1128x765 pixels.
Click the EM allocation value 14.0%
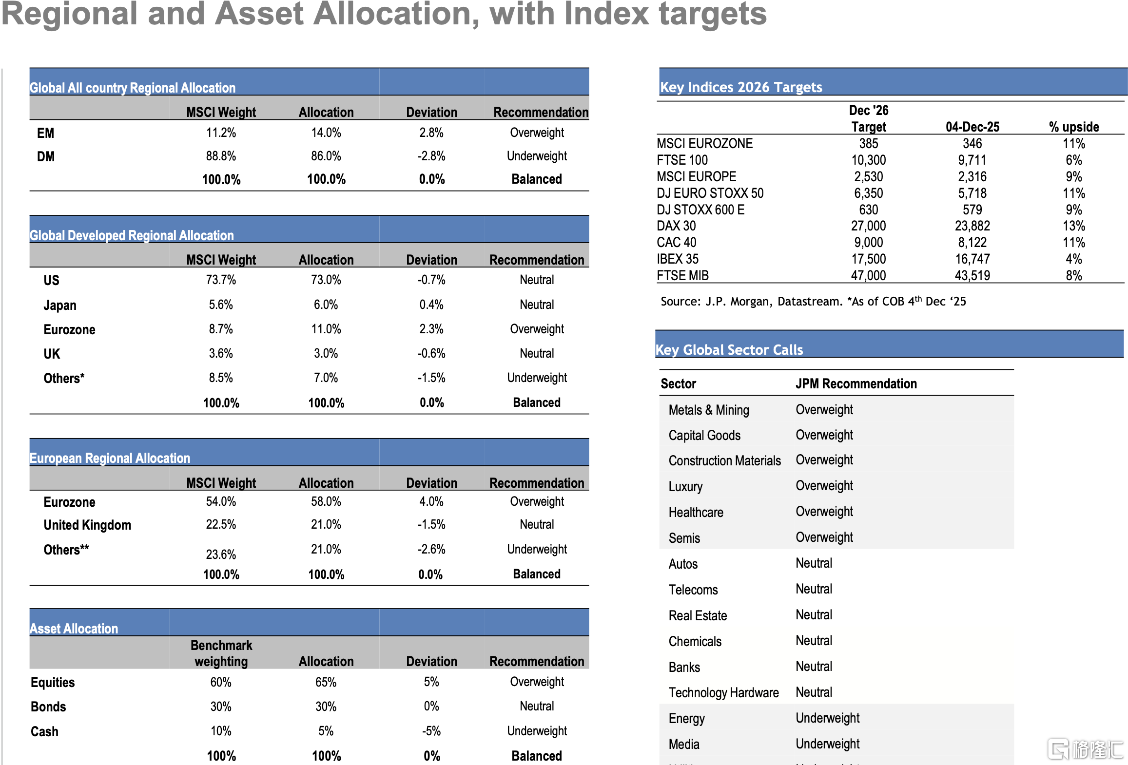(326, 133)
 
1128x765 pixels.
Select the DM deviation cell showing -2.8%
(431, 156)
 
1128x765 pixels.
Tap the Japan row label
(60, 305)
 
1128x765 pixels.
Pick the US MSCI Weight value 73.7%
(221, 280)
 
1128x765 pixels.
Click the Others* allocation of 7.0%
(326, 378)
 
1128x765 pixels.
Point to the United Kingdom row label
(87, 525)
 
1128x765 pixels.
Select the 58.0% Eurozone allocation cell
(326, 501)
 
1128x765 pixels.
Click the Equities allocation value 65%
(326, 682)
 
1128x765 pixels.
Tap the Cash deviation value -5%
(431, 731)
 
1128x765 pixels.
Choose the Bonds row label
(48, 707)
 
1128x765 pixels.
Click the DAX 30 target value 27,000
(869, 226)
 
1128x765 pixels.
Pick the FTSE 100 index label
(682, 160)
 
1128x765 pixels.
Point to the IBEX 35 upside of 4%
(1074, 259)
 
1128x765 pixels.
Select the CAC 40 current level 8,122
(972, 242)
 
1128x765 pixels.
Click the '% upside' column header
(1074, 127)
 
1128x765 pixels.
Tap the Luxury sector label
(685, 486)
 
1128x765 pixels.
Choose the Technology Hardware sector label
(723, 692)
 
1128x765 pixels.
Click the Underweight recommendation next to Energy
(827, 718)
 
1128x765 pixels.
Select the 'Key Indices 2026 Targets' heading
(741, 87)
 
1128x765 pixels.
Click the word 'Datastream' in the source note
(808, 302)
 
